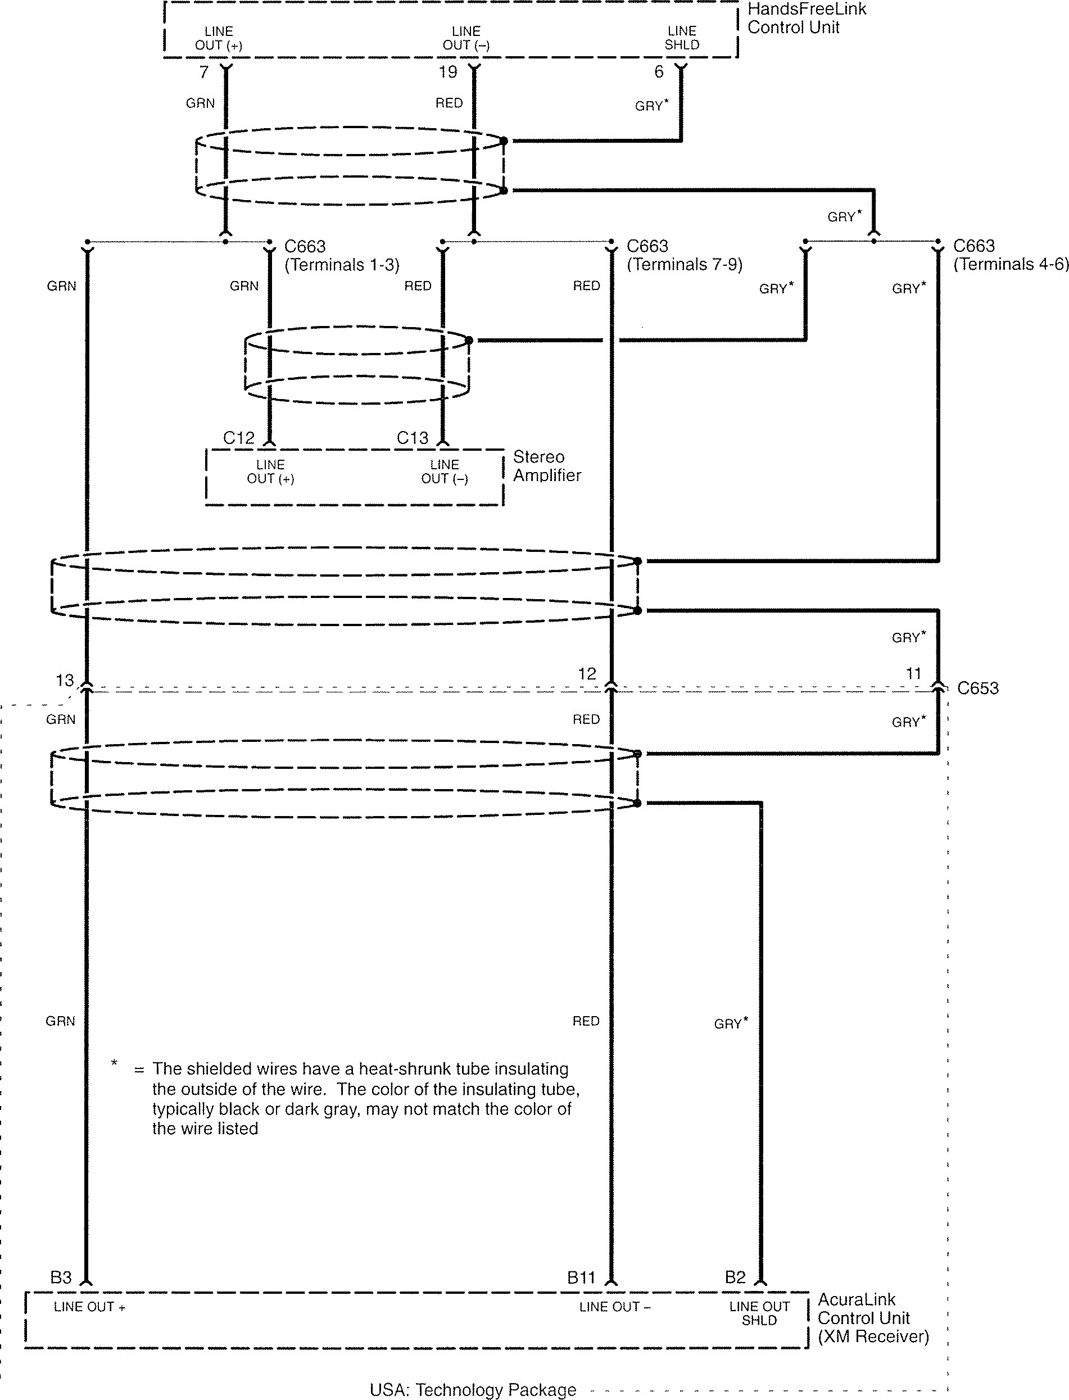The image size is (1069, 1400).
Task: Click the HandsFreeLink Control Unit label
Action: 806,19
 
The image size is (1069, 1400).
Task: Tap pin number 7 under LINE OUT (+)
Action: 203,73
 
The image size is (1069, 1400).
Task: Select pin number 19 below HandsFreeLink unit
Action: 448,73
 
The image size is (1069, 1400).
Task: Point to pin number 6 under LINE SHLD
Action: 659,72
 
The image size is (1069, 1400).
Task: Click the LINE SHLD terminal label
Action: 682,38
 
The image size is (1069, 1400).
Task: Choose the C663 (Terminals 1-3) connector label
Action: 342,255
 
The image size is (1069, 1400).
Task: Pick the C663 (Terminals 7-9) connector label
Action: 684,255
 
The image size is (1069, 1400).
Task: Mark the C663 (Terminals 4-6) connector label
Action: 1011,255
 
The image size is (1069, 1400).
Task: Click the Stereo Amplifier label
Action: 547,466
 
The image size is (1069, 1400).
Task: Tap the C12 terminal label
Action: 239,438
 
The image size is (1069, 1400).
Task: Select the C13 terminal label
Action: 413,438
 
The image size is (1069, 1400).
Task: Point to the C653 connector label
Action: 978,688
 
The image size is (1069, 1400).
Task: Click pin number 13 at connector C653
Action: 65,680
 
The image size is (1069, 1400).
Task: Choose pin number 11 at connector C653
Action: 913,673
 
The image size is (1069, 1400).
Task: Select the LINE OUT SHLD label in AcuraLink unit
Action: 759,1313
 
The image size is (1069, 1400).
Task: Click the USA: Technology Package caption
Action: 473,1390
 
